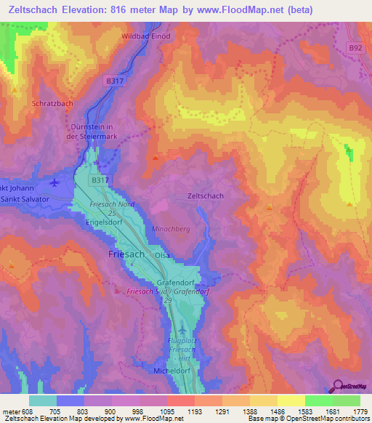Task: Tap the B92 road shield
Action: pyautogui.click(x=354, y=48)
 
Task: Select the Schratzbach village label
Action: pyautogui.click(x=52, y=104)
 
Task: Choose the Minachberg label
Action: pyautogui.click(x=171, y=228)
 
